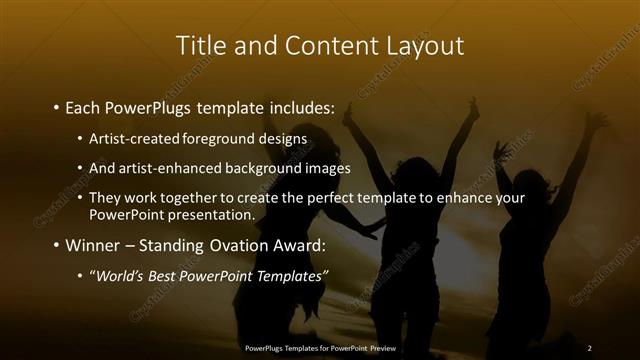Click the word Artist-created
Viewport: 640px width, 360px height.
pyautogui.click(x=130, y=137)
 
